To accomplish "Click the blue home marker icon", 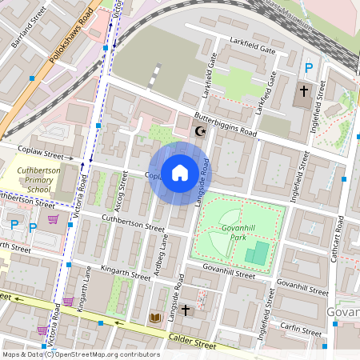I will click(179, 173).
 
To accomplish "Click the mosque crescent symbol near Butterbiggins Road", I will click(201, 131).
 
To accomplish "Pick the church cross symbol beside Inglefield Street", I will click(304, 91).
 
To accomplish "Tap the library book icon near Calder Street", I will click(156, 318).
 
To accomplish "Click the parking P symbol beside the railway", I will click(309, 70).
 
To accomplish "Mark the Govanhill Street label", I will click(228, 271).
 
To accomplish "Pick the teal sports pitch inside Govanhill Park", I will click(257, 255).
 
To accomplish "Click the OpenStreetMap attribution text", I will click(80, 354).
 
